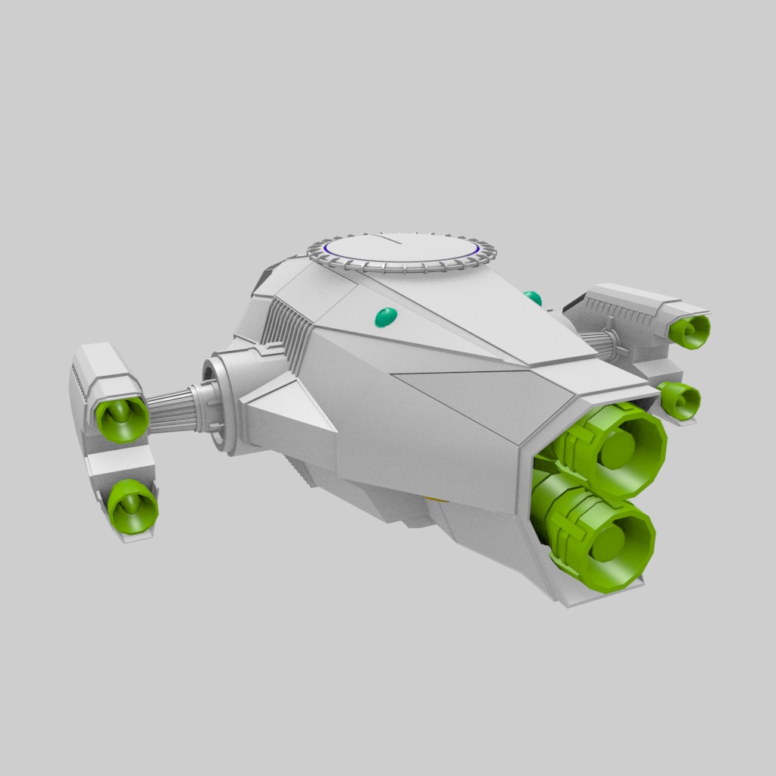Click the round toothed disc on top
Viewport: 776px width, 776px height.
(x=402, y=251)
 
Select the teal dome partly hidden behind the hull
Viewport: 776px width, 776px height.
(x=533, y=298)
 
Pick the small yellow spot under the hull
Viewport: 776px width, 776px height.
(x=433, y=499)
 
